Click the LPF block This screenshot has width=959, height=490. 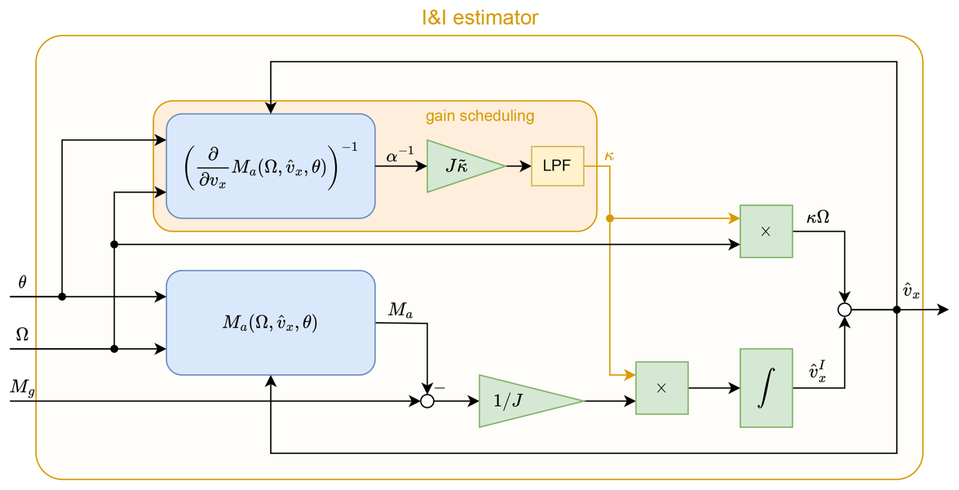pyautogui.click(x=557, y=166)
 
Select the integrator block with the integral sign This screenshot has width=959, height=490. pyautogui.click(x=766, y=388)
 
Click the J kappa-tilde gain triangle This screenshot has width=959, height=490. pyautogui.click(x=459, y=166)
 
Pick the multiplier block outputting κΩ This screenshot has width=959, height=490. pyautogui.click(x=766, y=231)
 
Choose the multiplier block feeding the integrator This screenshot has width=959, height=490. pyautogui.click(x=661, y=388)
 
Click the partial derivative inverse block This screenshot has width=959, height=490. pyautogui.click(x=271, y=166)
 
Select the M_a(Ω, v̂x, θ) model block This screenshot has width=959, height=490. pyautogui.click(x=271, y=323)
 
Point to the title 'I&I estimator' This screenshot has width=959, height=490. pyautogui.click(x=479, y=18)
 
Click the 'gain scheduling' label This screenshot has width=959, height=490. pyautogui.click(x=479, y=116)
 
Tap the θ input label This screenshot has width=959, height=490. pyautogui.click(x=22, y=283)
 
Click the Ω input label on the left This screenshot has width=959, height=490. pyautogui.click(x=22, y=334)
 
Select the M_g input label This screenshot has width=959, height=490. pyautogui.click(x=22, y=388)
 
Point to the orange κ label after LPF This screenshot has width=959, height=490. pyautogui.click(x=609, y=156)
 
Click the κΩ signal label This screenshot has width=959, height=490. pyautogui.click(x=818, y=217)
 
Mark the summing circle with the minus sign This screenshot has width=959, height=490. pyautogui.click(x=427, y=401)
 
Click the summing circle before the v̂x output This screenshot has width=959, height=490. pyautogui.click(x=844, y=309)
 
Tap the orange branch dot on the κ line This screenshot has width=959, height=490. pyautogui.click(x=610, y=218)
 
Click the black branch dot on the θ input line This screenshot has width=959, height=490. pyautogui.click(x=62, y=297)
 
